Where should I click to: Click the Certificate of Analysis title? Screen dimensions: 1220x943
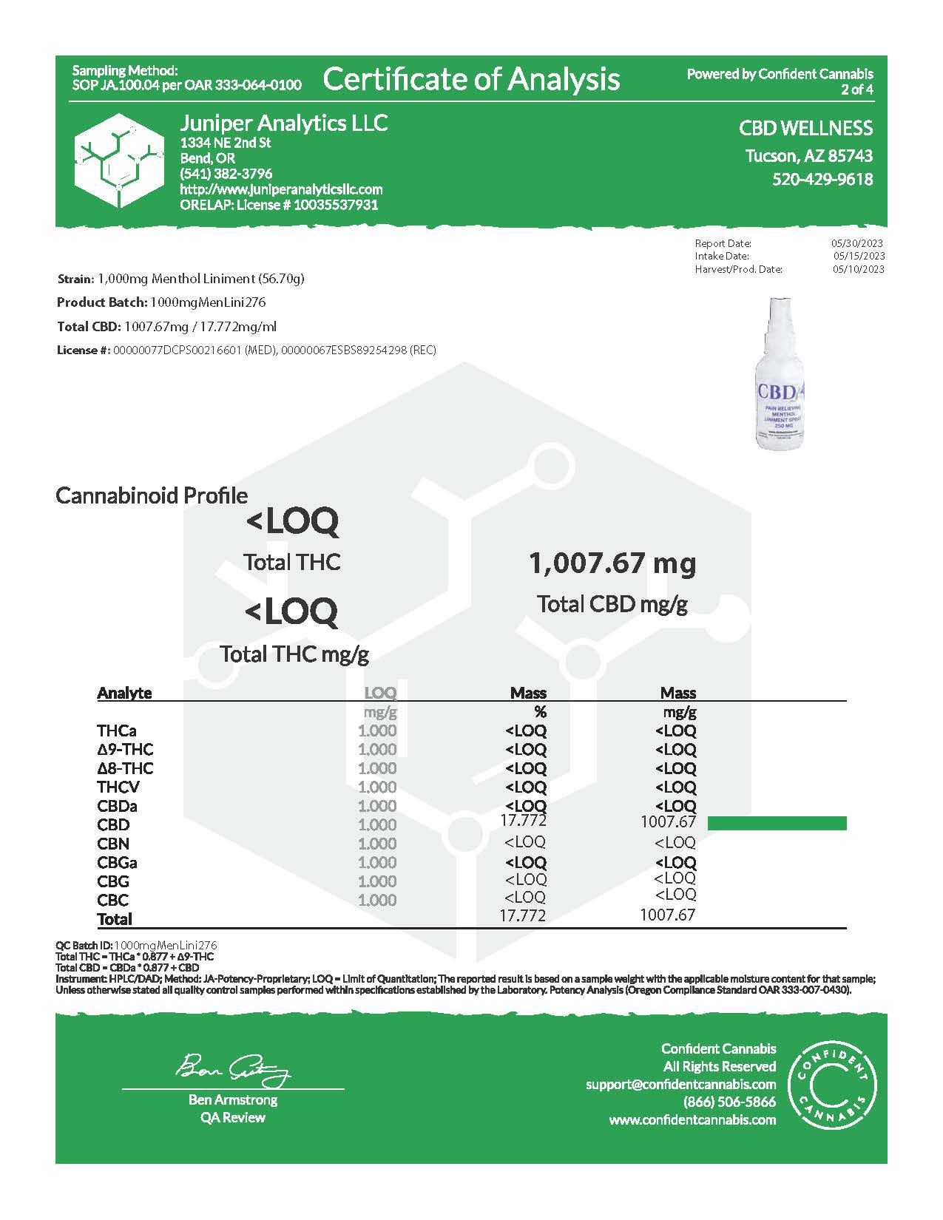pyautogui.click(x=471, y=79)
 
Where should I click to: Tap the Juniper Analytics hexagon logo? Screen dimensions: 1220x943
pyautogui.click(x=119, y=160)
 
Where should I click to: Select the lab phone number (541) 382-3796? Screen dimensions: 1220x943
pyautogui.click(x=226, y=174)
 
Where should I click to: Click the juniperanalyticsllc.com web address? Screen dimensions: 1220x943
pyautogui.click(x=281, y=189)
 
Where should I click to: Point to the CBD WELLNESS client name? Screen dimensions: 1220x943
pyautogui.click(x=805, y=128)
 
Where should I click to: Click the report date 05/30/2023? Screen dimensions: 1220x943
pyautogui.click(x=857, y=243)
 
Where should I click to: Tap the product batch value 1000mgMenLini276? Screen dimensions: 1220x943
pyautogui.click(x=208, y=302)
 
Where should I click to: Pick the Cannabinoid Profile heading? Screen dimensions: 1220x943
pyautogui.click(x=152, y=495)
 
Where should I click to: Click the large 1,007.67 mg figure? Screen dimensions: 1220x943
pyautogui.click(x=612, y=563)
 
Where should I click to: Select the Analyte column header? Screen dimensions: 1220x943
pyautogui.click(x=124, y=693)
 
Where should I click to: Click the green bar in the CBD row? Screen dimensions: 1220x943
pyautogui.click(x=777, y=824)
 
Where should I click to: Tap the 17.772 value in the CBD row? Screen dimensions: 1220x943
pyautogui.click(x=523, y=821)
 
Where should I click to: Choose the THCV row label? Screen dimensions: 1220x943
pyautogui.click(x=118, y=787)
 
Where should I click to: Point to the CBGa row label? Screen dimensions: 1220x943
pyautogui.click(x=117, y=862)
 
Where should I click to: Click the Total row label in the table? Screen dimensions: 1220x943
pyautogui.click(x=115, y=919)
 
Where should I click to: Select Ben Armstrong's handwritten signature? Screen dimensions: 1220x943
pyautogui.click(x=232, y=1068)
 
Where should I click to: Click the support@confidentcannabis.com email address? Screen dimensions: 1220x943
pyautogui.click(x=680, y=1084)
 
